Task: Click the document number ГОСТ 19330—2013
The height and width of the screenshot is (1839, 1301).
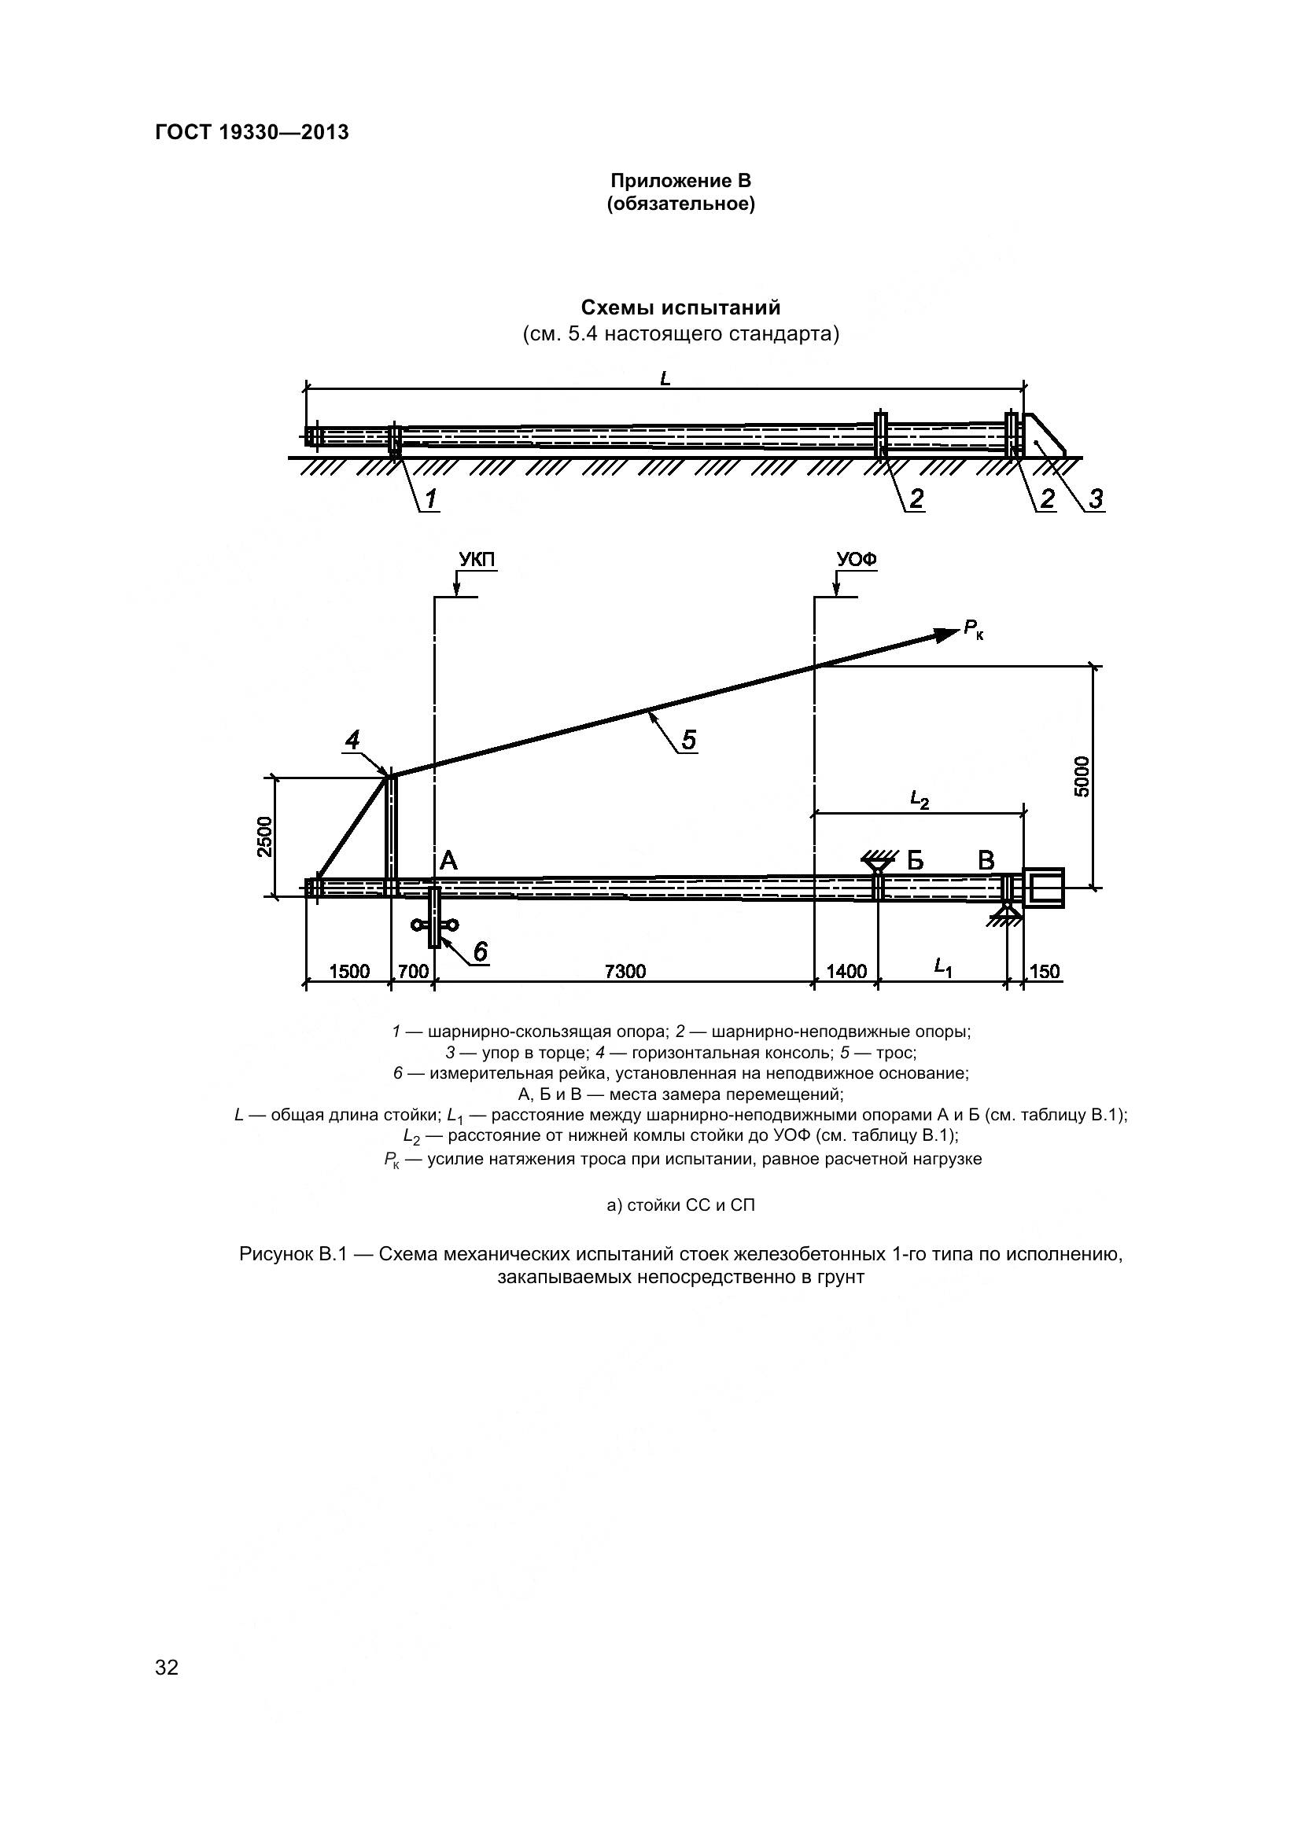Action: pyautogui.click(x=252, y=132)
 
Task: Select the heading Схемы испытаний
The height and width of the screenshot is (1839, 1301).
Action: pyautogui.click(x=680, y=307)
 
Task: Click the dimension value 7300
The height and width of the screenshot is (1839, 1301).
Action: pyautogui.click(x=625, y=972)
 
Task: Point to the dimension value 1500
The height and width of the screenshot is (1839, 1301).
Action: pyautogui.click(x=349, y=972)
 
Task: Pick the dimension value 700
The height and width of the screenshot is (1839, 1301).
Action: pyautogui.click(x=413, y=972)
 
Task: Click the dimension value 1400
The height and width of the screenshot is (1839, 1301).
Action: pyautogui.click(x=846, y=972)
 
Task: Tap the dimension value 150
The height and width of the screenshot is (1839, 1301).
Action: pyautogui.click(x=1044, y=972)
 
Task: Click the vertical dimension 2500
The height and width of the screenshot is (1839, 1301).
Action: pyautogui.click(x=265, y=837)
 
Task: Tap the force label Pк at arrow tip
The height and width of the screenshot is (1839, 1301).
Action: pyautogui.click(x=973, y=630)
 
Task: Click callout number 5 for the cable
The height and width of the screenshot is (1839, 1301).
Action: pyautogui.click(x=688, y=738)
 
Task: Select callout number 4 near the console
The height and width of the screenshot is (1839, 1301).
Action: pyautogui.click(x=352, y=741)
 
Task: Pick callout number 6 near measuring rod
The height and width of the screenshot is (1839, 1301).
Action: pyautogui.click(x=480, y=951)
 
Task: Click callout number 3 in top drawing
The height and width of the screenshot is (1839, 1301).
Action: pyautogui.click(x=1095, y=498)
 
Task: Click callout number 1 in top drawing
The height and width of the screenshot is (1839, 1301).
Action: pyautogui.click(x=430, y=498)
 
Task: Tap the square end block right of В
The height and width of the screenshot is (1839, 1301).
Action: pyautogui.click(x=1044, y=888)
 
